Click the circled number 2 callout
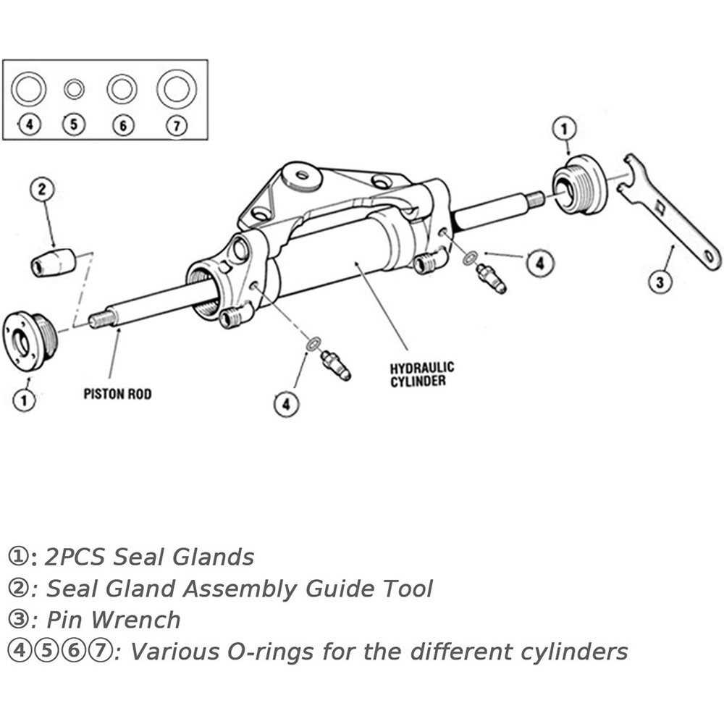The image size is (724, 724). pos(42,190)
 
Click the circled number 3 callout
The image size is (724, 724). pos(658,281)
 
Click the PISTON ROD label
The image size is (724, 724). pos(117,395)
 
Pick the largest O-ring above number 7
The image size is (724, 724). pos(177,90)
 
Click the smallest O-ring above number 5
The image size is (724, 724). pos(74,90)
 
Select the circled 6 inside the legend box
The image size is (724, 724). pos(124,125)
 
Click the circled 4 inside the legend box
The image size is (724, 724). pos(29,125)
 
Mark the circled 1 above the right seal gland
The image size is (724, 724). pos(565,130)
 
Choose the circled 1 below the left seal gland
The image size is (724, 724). pos(25,400)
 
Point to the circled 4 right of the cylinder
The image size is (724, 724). pos(536,264)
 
